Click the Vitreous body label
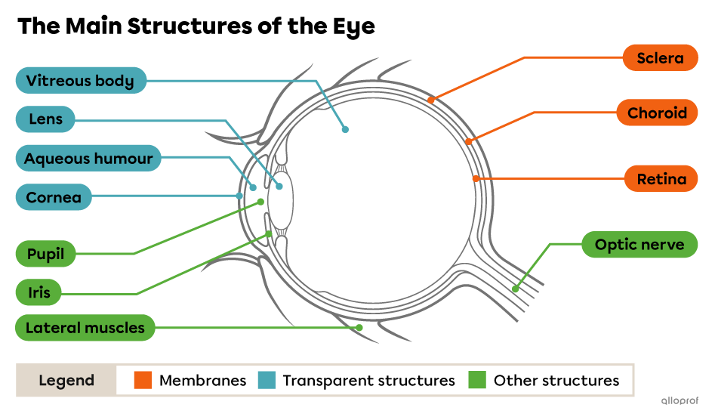80,81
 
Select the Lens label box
45,119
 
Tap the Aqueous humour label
88,159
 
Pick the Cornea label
53,198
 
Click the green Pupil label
45,254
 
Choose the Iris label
39,292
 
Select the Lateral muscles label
85,328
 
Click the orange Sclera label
660,58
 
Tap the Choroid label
657,113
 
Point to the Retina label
661,179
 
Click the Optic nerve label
639,245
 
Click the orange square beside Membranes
143,380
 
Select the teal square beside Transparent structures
267,380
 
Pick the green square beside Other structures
477,380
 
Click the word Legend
66,381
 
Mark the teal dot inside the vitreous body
345,129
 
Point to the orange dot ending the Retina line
476,179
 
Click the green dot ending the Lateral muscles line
359,327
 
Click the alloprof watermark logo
679,401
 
